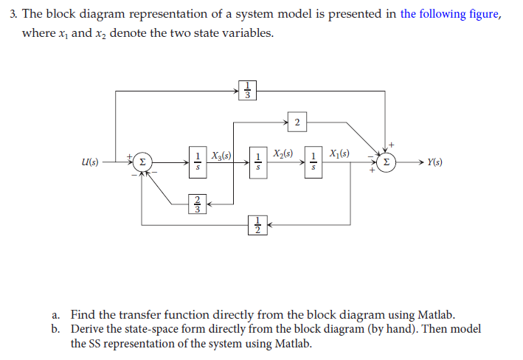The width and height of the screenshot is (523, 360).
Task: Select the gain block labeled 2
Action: (296, 122)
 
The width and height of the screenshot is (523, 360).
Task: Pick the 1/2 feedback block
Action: (257, 224)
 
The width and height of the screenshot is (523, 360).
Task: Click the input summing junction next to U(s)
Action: (143, 162)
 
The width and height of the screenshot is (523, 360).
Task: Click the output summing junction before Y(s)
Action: (385, 162)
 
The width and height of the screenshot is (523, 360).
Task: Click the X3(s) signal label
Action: (221, 156)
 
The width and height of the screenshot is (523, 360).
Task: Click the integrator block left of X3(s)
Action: (198, 162)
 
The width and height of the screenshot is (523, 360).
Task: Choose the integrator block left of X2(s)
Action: (257, 162)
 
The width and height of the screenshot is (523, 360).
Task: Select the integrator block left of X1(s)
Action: (315, 162)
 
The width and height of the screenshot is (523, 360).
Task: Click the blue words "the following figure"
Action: (450, 14)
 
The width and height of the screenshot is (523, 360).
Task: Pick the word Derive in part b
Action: (88, 329)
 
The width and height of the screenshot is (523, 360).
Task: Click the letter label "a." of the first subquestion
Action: (57, 315)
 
